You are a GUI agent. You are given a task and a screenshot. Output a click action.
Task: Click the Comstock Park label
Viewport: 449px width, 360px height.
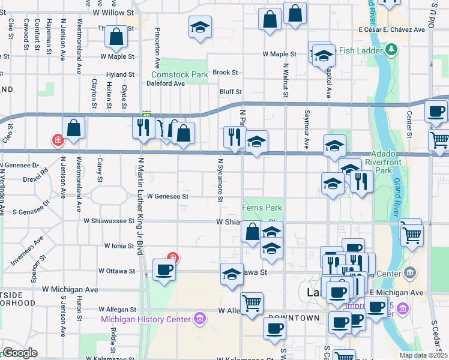click(179, 75)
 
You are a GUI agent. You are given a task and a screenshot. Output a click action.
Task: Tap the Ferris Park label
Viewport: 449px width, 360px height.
click(262, 208)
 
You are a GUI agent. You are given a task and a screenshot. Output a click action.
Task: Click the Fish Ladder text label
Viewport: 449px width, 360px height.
click(360, 50)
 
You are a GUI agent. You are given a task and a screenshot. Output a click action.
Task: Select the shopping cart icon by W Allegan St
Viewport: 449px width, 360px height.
click(252, 302)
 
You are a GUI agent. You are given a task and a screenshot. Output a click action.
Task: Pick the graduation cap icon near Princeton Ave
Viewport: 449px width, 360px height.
click(200, 27)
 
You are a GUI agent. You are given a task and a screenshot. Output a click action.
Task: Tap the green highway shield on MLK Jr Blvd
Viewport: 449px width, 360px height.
click(146, 114)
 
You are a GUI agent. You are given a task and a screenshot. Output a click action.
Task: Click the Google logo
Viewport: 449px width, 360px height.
click(19, 353)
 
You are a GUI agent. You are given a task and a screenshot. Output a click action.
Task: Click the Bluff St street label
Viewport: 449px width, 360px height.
click(231, 92)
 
